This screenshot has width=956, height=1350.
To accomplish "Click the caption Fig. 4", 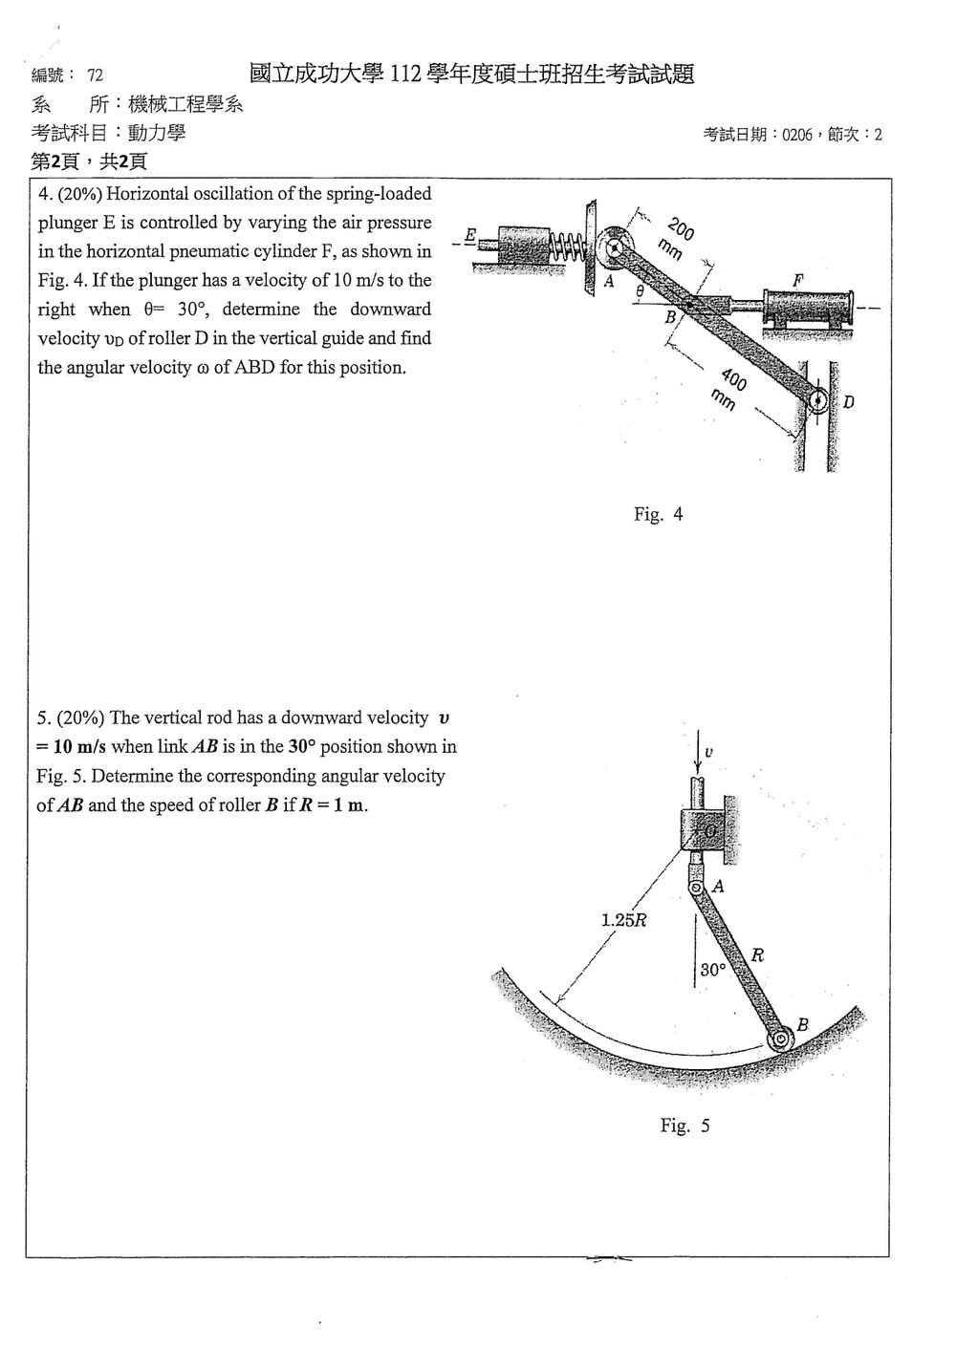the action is (658, 514).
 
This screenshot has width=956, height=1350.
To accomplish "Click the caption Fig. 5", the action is (684, 1125).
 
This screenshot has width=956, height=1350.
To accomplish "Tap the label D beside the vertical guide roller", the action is (848, 402).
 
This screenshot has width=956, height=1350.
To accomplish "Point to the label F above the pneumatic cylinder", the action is (798, 280).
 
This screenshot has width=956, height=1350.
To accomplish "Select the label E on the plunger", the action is (471, 234).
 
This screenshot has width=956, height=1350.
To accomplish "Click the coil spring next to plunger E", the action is (567, 246).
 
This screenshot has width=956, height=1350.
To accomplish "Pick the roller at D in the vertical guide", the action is (818, 399).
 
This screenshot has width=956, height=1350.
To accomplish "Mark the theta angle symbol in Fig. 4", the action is (640, 291).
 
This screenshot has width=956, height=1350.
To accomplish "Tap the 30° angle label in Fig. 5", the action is (713, 970).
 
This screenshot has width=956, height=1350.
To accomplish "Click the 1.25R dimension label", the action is (623, 920).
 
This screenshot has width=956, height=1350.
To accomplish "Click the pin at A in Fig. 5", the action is (695, 888).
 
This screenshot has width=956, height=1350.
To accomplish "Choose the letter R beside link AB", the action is (757, 954).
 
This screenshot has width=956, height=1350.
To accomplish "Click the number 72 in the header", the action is (96, 75).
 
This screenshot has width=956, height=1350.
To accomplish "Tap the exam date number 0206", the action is (797, 135).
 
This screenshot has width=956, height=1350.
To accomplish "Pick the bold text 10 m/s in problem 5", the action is (79, 747).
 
